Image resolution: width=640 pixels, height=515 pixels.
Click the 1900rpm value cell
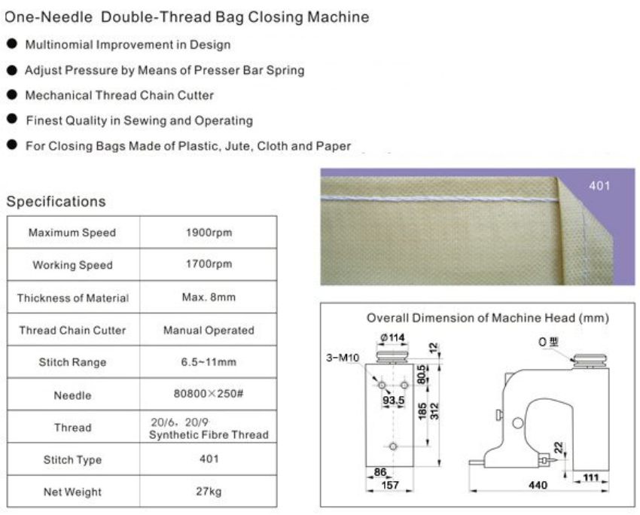[x=209, y=233]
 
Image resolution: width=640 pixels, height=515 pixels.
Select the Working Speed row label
[x=72, y=265]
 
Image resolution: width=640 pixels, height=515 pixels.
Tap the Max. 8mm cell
[x=209, y=297]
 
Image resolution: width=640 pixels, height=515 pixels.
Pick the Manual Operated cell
[x=209, y=330]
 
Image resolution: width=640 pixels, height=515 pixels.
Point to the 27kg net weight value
[x=209, y=492]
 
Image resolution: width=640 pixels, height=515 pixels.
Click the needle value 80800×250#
[x=209, y=395]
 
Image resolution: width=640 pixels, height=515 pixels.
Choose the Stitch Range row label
[x=72, y=362]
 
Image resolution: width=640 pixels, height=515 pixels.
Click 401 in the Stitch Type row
[x=209, y=459]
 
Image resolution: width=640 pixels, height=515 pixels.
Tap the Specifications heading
[x=56, y=202]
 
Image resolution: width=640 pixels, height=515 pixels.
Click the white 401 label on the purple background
[x=599, y=186]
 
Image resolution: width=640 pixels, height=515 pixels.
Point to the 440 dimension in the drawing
[x=537, y=486]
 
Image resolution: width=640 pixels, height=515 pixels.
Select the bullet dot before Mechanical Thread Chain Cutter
[x=11, y=96]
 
